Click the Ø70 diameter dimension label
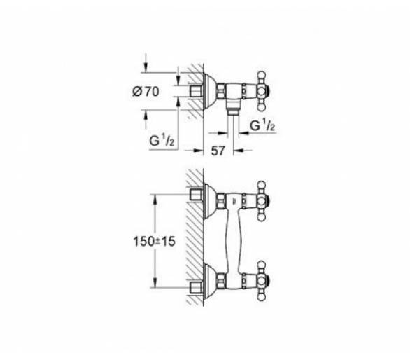click(x=146, y=92)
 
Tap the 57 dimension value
click(x=218, y=151)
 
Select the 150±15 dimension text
click(x=154, y=241)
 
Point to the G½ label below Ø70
click(x=162, y=141)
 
